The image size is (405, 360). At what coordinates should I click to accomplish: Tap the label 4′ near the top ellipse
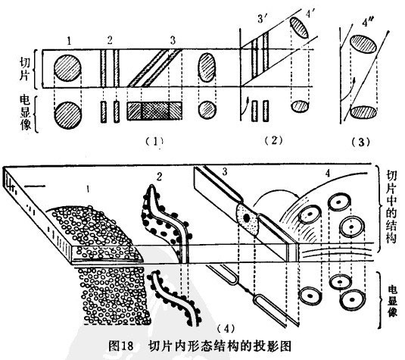(x=310, y=14)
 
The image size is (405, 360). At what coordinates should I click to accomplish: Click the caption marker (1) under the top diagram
(x=154, y=141)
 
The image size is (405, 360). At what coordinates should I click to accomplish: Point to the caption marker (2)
(x=274, y=140)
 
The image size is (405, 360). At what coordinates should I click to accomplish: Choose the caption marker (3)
(x=361, y=142)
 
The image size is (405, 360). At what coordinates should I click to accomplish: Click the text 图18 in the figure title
(x=121, y=346)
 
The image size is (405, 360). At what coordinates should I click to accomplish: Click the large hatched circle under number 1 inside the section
(x=67, y=68)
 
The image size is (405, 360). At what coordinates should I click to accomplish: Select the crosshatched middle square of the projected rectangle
(x=154, y=111)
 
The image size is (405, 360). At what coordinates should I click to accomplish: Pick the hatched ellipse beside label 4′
(x=299, y=28)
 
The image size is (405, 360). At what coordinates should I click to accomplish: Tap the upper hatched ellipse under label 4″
(x=363, y=45)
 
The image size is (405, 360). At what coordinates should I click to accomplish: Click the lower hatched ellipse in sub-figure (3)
(x=363, y=112)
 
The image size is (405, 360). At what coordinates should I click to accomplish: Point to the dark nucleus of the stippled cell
(x=246, y=218)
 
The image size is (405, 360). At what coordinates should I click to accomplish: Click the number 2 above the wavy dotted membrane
(x=159, y=177)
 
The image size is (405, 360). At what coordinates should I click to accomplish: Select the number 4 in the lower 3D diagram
(x=328, y=174)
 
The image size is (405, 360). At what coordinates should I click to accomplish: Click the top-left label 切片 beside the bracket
(x=25, y=69)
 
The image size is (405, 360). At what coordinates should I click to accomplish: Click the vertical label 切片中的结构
(x=391, y=207)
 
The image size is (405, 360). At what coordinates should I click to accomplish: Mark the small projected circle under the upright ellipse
(x=207, y=110)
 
